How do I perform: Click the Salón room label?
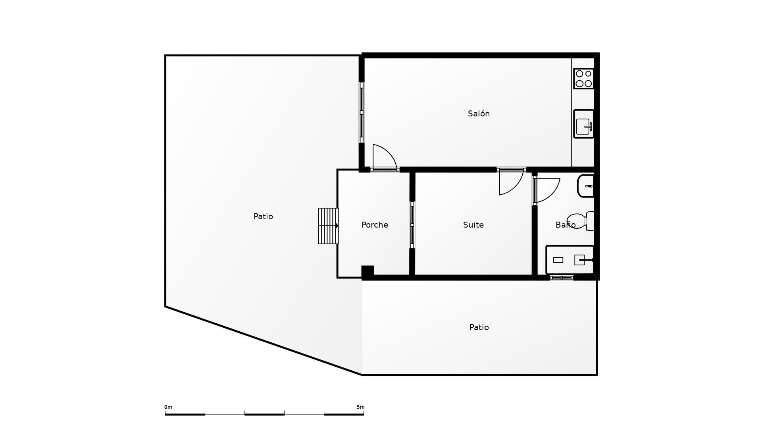(x=479, y=114)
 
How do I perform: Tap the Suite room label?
(x=473, y=225)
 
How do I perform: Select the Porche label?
(x=375, y=225)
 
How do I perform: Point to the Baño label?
(x=565, y=225)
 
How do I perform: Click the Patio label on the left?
(x=263, y=216)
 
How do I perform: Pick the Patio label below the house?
(x=479, y=327)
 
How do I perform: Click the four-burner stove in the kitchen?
(x=583, y=79)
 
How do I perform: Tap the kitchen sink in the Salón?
(x=583, y=124)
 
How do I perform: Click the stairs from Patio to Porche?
(x=328, y=226)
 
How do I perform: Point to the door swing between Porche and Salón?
(x=384, y=157)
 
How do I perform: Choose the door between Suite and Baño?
(x=546, y=190)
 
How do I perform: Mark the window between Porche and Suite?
(x=412, y=225)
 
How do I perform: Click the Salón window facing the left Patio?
(x=362, y=113)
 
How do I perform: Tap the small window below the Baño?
(x=562, y=278)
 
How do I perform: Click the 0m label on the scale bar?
(x=168, y=407)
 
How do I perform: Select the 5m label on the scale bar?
(x=360, y=407)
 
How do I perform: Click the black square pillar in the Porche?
(x=368, y=272)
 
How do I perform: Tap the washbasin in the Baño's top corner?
(x=586, y=186)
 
